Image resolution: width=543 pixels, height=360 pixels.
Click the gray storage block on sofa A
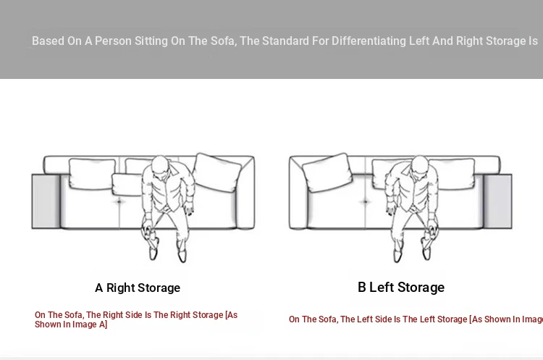pos(46,201)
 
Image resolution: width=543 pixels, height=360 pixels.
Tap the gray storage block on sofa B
pos(497,201)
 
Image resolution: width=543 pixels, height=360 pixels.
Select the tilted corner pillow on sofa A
pos(217,172)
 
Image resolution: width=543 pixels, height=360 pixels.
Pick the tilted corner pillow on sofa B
pos(327,172)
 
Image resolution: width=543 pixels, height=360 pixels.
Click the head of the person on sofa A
pos(160,165)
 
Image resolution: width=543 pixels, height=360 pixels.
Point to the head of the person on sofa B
pos(421,165)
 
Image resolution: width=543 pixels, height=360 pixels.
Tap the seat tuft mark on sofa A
pos(119,201)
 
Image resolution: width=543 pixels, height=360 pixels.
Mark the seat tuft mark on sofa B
pos(365,201)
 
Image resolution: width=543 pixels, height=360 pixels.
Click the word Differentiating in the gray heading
pos(369,41)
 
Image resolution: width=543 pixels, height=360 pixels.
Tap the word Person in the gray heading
pos(113,41)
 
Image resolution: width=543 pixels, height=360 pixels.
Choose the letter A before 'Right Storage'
pos(99,288)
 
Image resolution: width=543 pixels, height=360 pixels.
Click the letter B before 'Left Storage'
pos(361,288)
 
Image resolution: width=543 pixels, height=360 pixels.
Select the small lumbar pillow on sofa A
pos(127,185)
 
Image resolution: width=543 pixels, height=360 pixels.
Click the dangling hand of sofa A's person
pos(189,209)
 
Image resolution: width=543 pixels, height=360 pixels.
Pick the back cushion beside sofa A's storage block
pos(92,174)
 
